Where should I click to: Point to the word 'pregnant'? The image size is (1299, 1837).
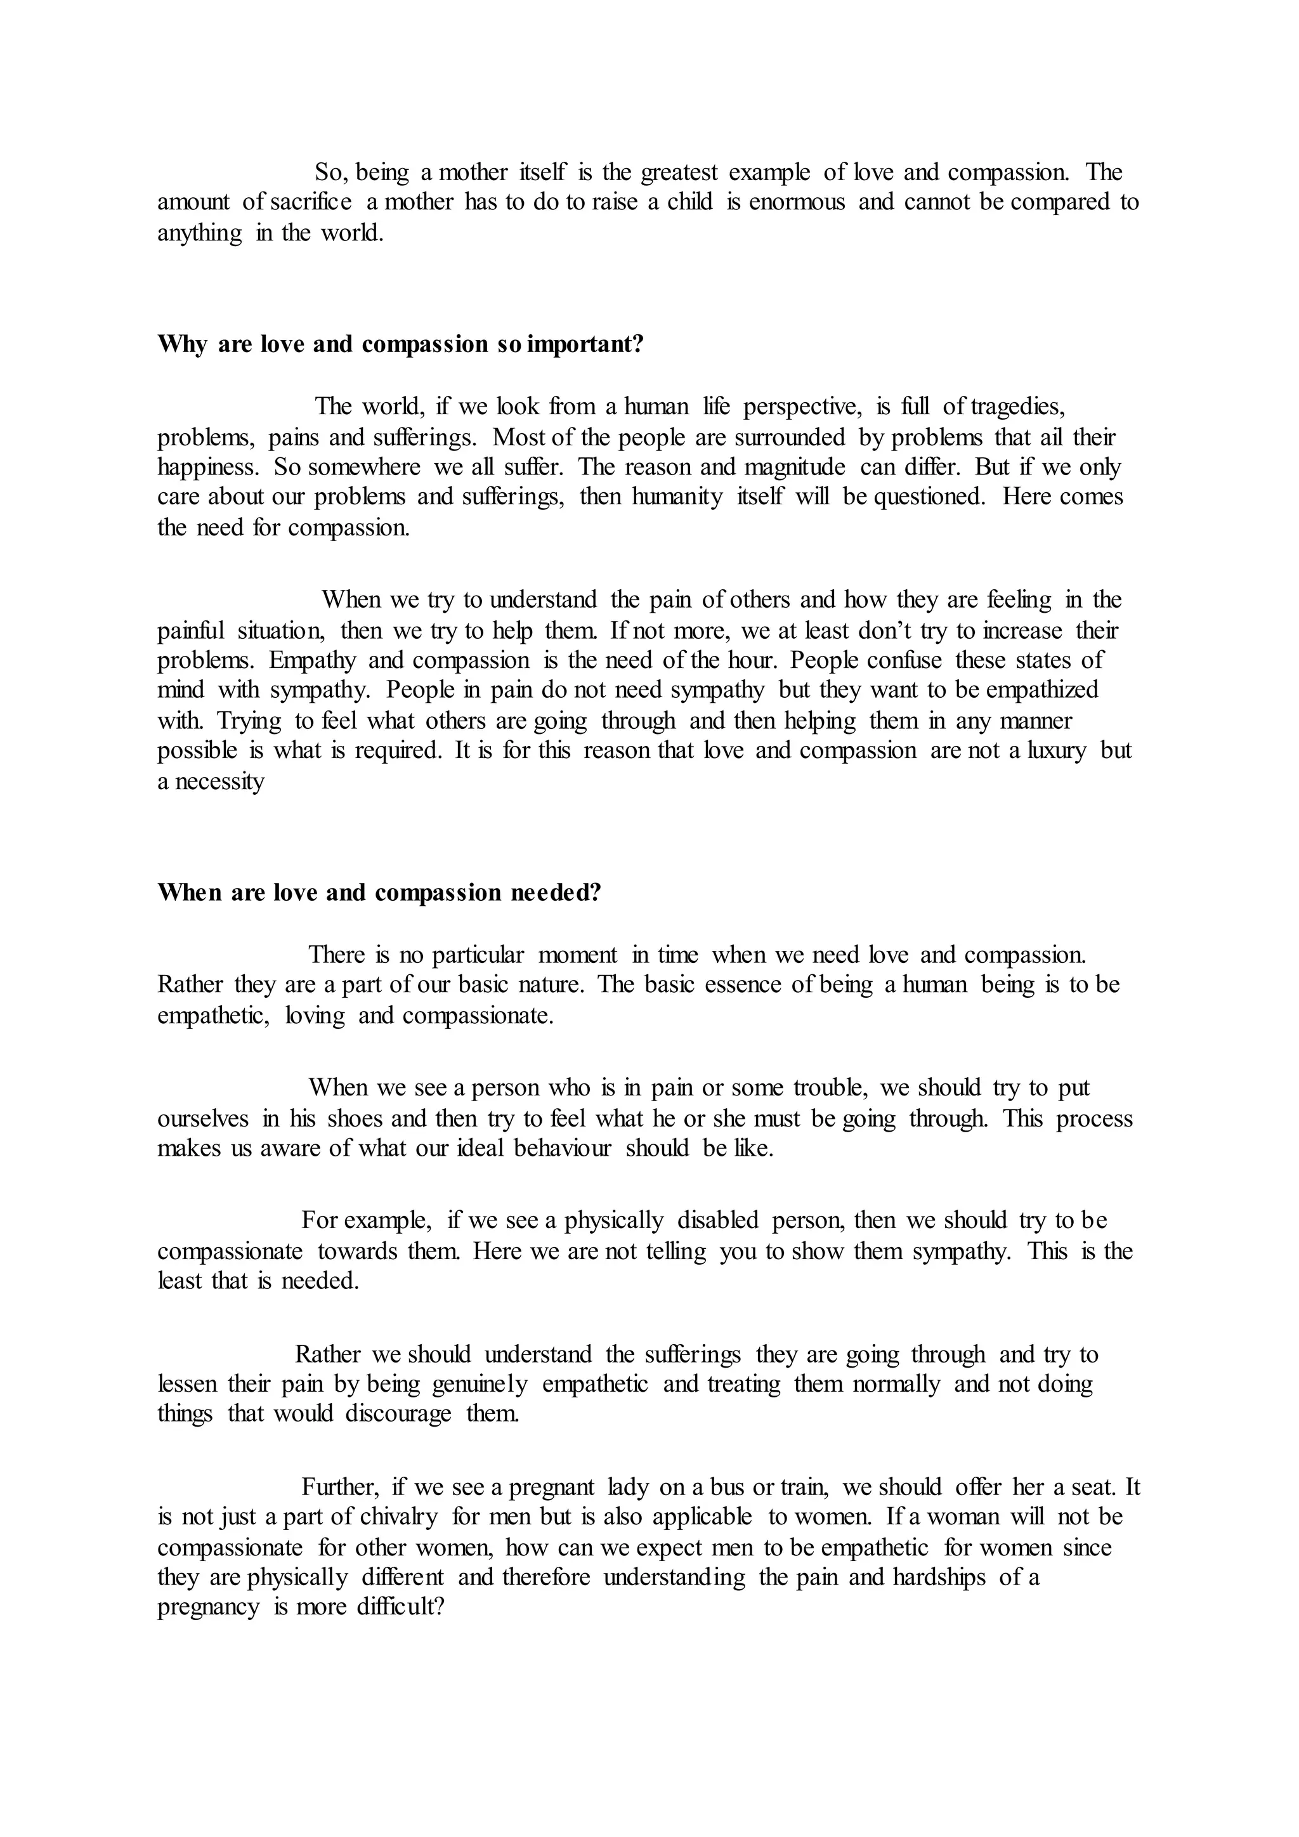tap(552, 1487)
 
